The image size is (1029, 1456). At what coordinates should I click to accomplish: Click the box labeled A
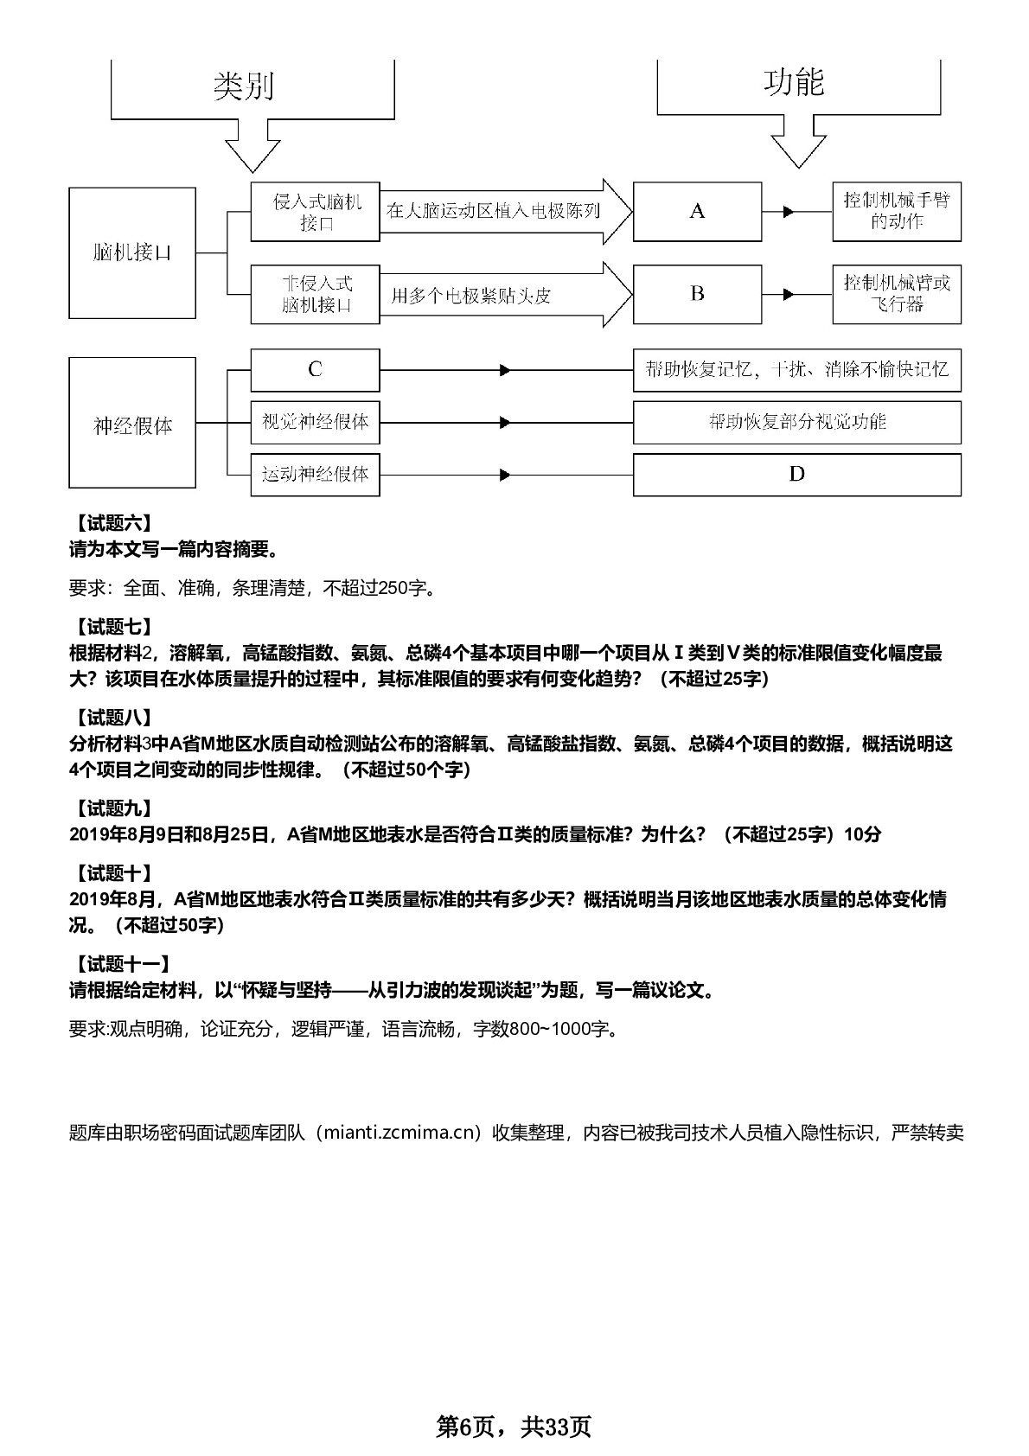pyautogui.click(x=697, y=212)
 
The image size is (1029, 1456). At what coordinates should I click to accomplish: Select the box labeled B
pyautogui.click(x=697, y=295)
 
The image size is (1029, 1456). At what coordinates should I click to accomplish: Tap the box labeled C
pyautogui.click(x=316, y=371)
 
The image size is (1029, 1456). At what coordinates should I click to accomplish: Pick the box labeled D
pyautogui.click(x=797, y=475)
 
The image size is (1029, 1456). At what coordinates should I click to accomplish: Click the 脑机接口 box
pyautogui.click(x=132, y=252)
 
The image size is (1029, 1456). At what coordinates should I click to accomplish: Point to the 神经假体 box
pyautogui.click(x=132, y=423)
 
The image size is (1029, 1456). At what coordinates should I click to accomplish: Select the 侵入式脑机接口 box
pyautogui.click(x=316, y=212)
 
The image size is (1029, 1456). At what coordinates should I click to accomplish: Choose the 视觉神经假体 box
pyautogui.click(x=316, y=423)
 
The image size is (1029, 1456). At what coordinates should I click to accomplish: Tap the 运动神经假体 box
pyautogui.click(x=316, y=476)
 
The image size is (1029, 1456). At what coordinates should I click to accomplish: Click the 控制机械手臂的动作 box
pyautogui.click(x=897, y=212)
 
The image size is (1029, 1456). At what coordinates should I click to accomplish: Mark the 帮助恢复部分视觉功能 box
pyautogui.click(x=797, y=423)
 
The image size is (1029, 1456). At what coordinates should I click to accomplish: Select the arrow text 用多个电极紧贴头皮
pyautogui.click(x=470, y=297)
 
